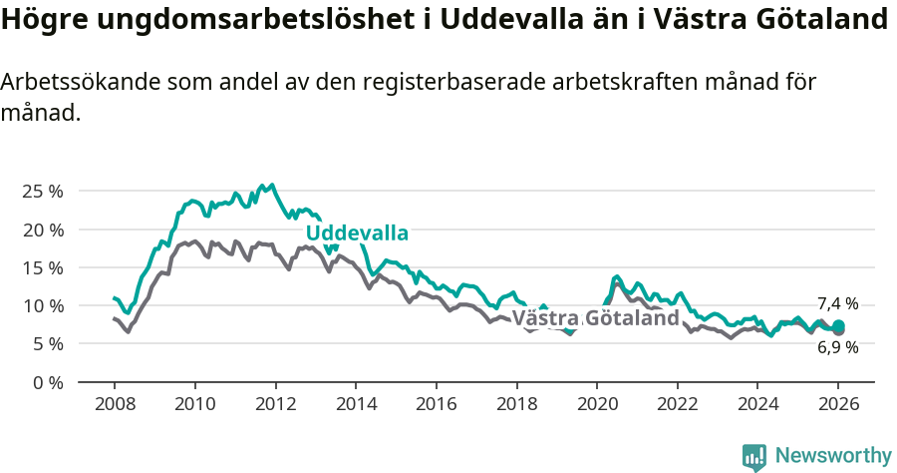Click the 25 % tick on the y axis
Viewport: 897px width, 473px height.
click(x=42, y=191)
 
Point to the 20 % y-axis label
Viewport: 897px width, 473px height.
click(x=42, y=230)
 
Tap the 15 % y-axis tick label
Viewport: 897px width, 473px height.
click(x=42, y=267)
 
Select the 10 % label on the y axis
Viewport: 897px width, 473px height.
click(x=42, y=305)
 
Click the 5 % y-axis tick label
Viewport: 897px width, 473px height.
click(x=47, y=343)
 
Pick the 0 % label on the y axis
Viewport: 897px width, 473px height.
click(x=47, y=382)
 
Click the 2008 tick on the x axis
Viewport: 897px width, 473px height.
click(x=114, y=406)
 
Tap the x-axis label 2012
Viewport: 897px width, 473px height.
click(x=274, y=406)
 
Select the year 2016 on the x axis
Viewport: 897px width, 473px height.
click(x=436, y=406)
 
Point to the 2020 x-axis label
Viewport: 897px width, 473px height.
click(x=596, y=406)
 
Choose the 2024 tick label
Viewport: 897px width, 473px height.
click(x=757, y=406)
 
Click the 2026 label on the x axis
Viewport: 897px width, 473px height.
click(x=838, y=406)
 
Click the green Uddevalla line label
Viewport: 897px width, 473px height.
click(x=357, y=234)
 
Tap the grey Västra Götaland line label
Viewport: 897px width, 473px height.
click(x=595, y=318)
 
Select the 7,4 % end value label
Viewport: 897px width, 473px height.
click(x=837, y=303)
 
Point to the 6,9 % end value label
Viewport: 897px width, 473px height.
click(x=837, y=347)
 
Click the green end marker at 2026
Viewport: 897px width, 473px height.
click(x=838, y=326)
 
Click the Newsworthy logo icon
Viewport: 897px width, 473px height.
click(x=754, y=457)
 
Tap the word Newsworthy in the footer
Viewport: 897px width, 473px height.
click(x=832, y=456)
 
